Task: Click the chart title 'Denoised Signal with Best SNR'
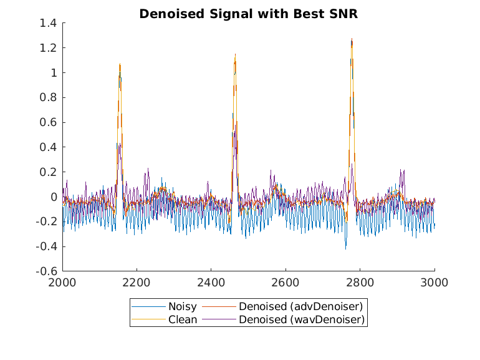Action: click(x=240, y=14)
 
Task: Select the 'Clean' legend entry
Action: click(x=182, y=319)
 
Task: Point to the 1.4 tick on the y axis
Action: click(x=49, y=23)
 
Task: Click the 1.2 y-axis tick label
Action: click(x=49, y=48)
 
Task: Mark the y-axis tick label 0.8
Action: click(x=49, y=97)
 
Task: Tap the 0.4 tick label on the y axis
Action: click(x=49, y=147)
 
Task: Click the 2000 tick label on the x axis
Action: click(x=62, y=283)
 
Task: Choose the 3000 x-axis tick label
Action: click(x=434, y=283)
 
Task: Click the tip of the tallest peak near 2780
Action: click(x=352, y=39)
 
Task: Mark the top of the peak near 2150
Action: click(x=120, y=64)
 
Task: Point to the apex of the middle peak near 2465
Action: click(x=235, y=54)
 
